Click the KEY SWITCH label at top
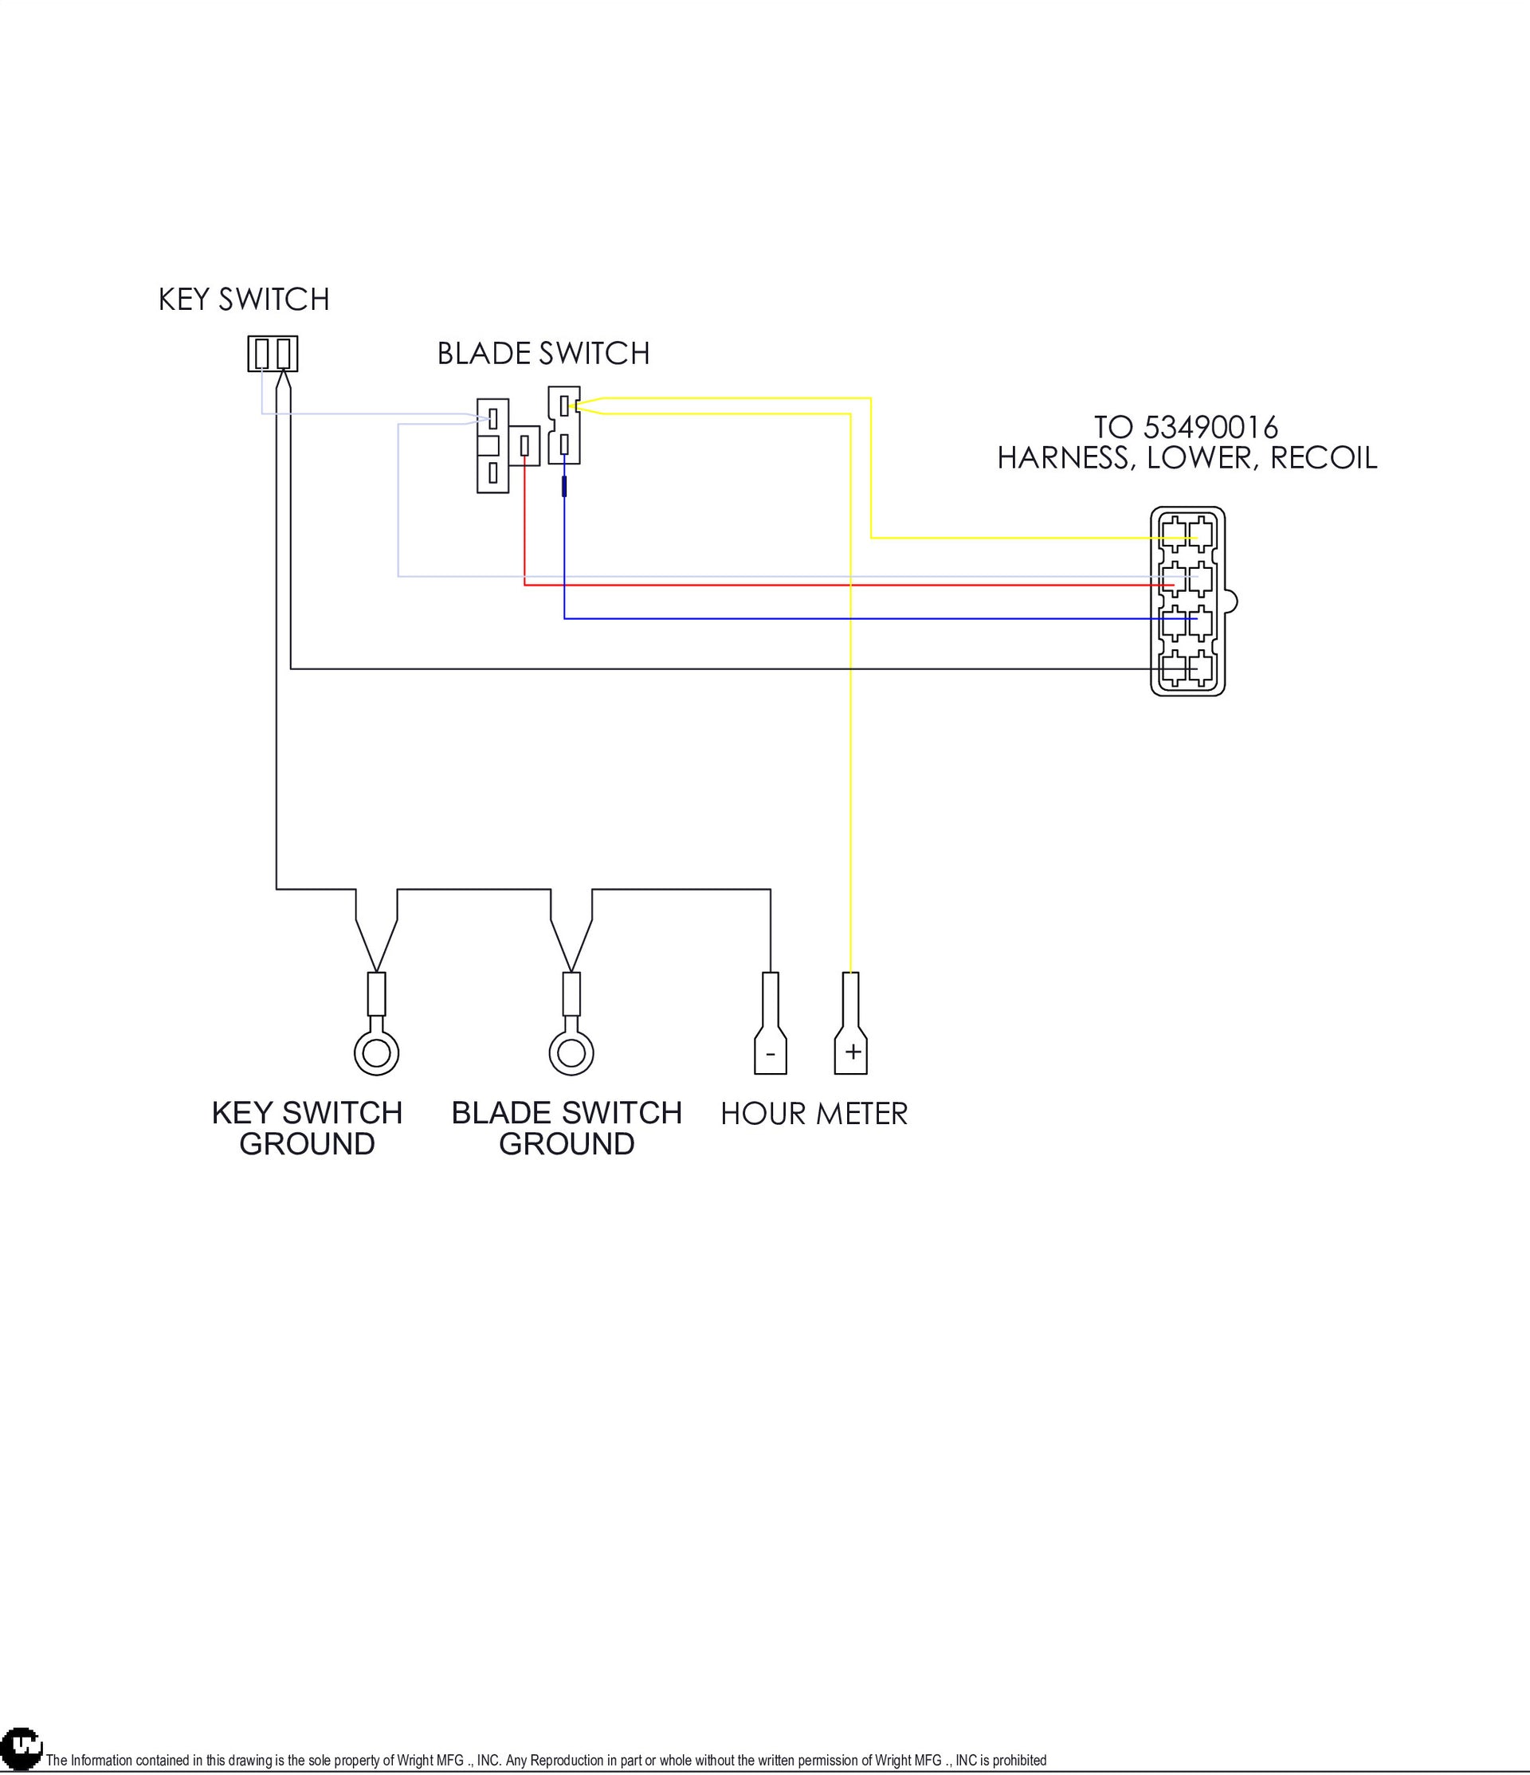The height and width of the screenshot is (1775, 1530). (x=244, y=299)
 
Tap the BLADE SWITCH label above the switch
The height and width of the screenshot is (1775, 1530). (x=543, y=353)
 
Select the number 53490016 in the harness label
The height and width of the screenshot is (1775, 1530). (x=1210, y=426)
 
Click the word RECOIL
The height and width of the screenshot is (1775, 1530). (x=1324, y=458)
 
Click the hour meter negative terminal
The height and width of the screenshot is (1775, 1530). (x=770, y=1023)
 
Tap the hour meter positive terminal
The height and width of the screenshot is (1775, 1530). (x=851, y=1023)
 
